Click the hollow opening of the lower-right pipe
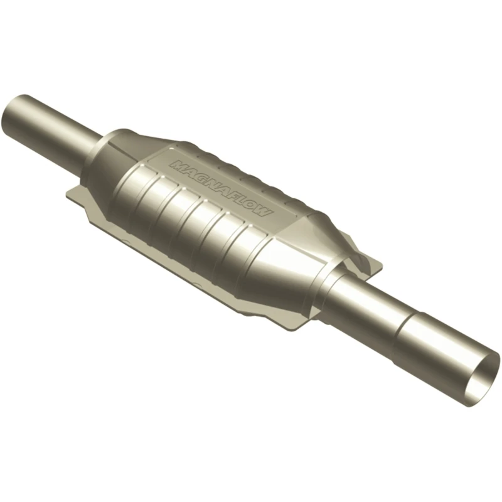(485, 373)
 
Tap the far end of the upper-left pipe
(13, 114)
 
